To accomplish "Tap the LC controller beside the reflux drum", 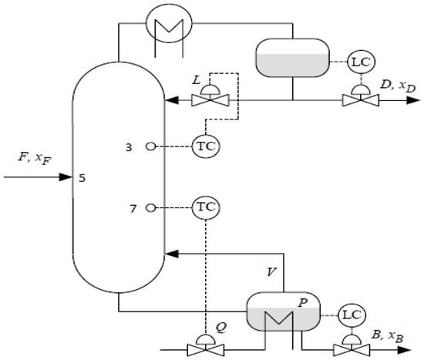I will tap(360, 60).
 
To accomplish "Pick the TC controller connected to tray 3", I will tap(205, 146).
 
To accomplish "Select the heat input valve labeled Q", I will tap(206, 348).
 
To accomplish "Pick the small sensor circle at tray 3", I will tap(151, 146).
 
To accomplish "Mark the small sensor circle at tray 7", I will tap(151, 207).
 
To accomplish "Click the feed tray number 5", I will tap(82, 178).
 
